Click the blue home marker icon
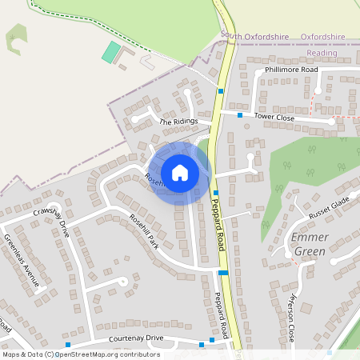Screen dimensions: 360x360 point(180,172)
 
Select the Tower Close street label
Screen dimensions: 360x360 point(274,117)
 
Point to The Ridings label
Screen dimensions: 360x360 point(177,122)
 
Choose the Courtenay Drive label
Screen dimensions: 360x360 point(129,339)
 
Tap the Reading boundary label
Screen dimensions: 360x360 point(322,53)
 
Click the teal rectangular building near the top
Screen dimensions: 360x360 point(110,53)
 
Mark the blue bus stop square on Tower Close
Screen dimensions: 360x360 point(239,116)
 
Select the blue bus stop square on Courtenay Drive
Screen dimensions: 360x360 point(212,340)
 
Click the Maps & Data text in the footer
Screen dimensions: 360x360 point(22,354)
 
